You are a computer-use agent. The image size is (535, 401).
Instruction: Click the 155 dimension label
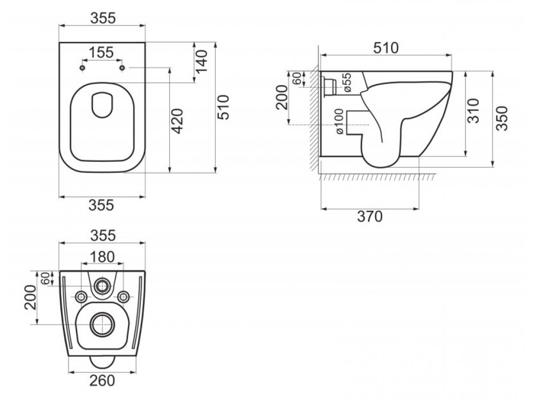pyautogui.click(x=101, y=52)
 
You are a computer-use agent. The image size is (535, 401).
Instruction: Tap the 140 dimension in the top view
pyautogui.click(x=202, y=61)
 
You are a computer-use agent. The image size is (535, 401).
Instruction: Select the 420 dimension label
pyautogui.click(x=177, y=121)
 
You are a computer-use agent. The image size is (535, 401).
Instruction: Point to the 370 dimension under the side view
pyautogui.click(x=370, y=217)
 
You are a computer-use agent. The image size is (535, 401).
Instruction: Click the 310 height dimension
pyautogui.click(x=473, y=110)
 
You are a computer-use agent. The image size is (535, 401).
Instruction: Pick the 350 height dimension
pyautogui.click(x=502, y=119)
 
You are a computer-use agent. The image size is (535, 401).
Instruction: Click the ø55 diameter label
pyautogui.click(x=347, y=82)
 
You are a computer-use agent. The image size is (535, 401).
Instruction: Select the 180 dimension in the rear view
pyautogui.click(x=102, y=257)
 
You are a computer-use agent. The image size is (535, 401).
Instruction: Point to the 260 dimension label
pyautogui.click(x=102, y=381)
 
